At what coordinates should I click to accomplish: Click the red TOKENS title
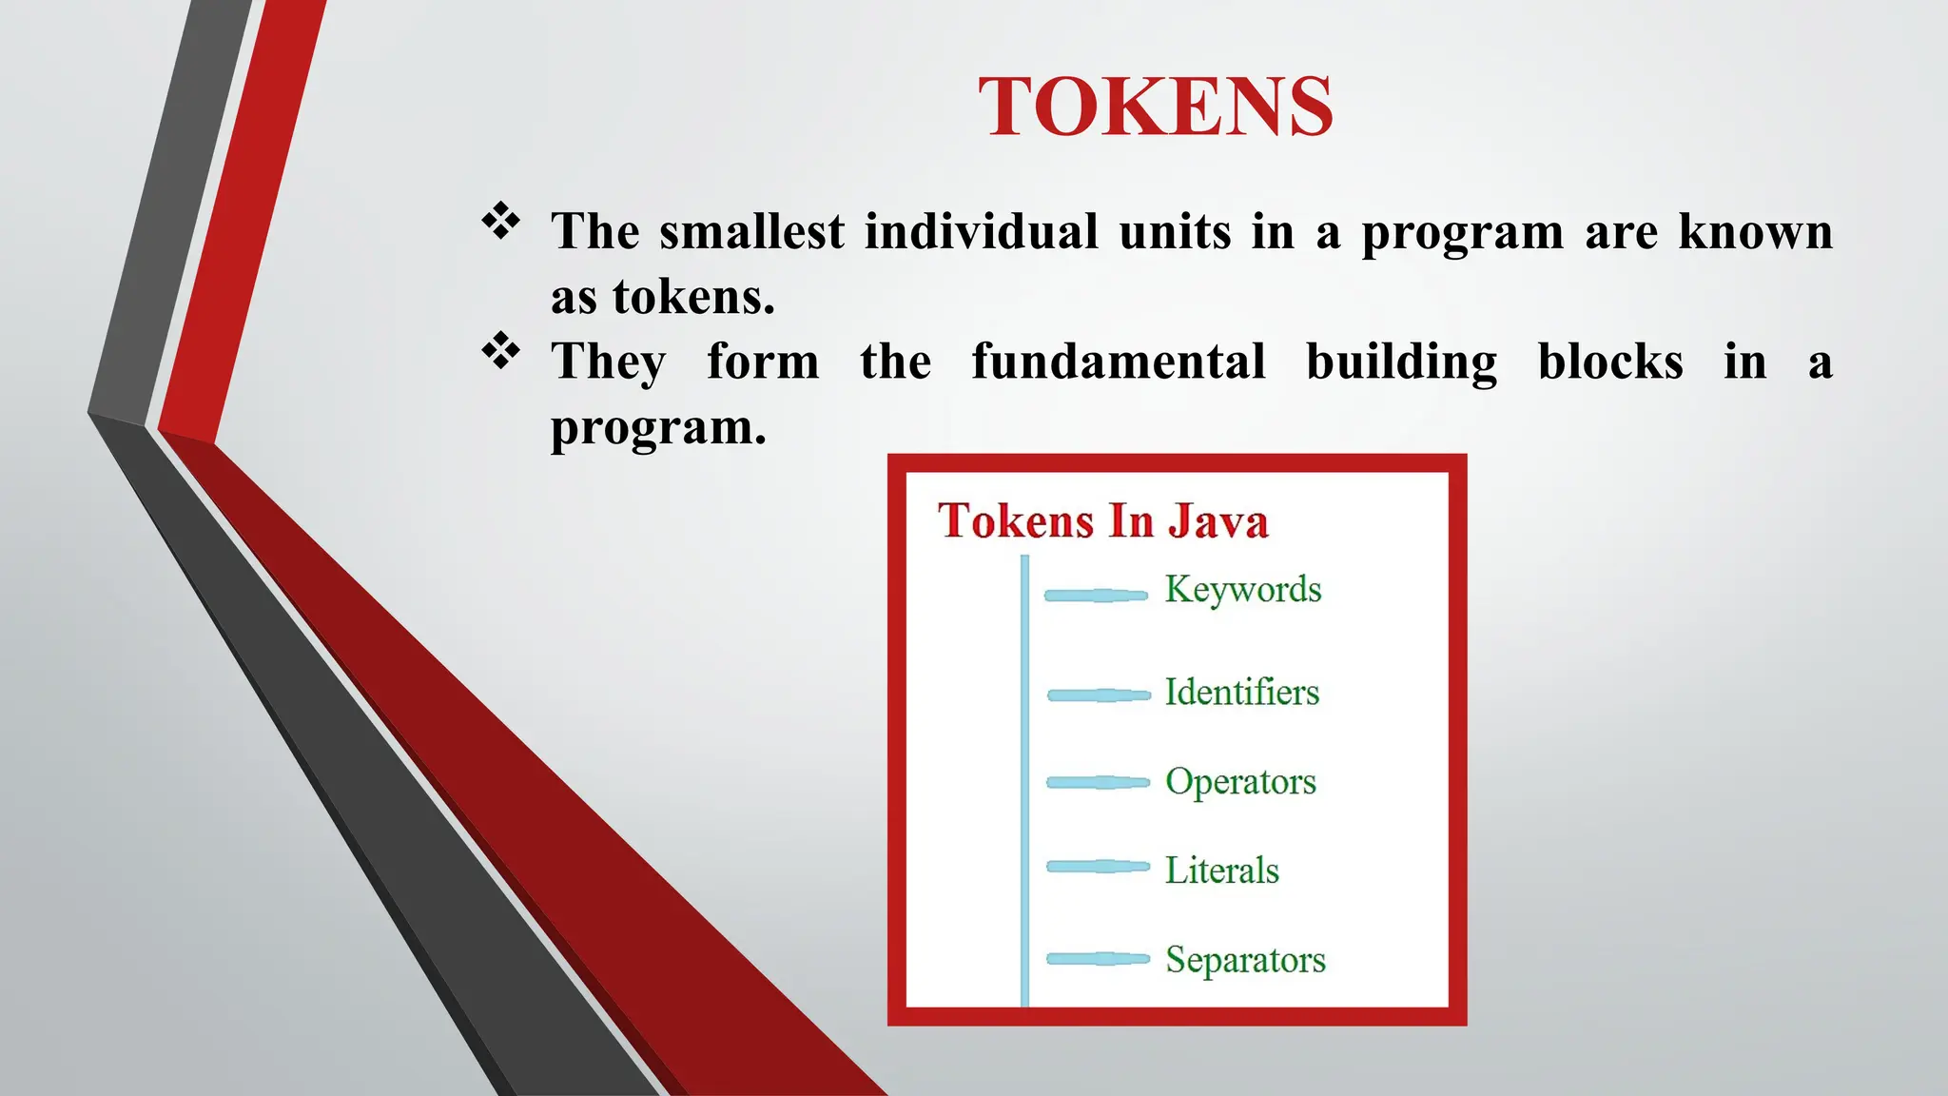click(1156, 108)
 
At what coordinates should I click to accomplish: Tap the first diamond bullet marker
click(501, 222)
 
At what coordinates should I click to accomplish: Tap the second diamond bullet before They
click(501, 351)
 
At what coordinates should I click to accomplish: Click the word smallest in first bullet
click(751, 231)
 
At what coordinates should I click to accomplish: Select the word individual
click(981, 231)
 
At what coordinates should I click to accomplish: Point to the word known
click(1755, 231)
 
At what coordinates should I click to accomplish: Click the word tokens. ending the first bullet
click(693, 297)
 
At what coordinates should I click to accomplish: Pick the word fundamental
click(1118, 362)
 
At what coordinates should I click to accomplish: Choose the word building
click(1401, 363)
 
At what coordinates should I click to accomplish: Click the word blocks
click(1610, 362)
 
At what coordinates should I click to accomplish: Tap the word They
click(609, 363)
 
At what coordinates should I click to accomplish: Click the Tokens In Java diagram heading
click(1102, 521)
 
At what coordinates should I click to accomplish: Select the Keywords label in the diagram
click(1243, 590)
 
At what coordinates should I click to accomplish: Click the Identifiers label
click(1241, 692)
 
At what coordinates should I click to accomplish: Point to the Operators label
click(1240, 782)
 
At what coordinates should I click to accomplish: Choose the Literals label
click(1221, 871)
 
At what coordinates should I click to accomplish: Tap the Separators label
click(1244, 960)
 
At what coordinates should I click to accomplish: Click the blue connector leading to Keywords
click(1096, 596)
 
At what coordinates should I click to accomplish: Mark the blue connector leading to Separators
click(1098, 958)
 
